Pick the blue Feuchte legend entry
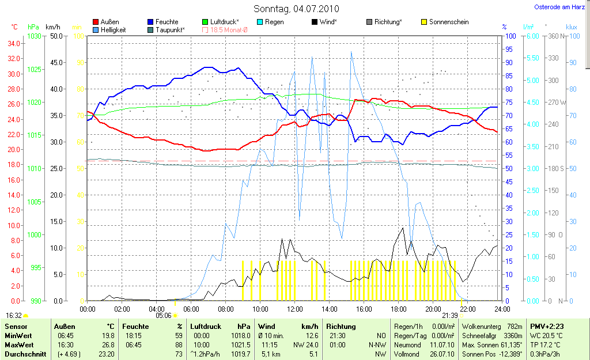167,22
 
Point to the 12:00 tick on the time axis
295,309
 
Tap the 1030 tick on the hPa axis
35,36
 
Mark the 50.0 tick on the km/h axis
56,36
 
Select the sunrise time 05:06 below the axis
164,316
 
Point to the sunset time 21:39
449,316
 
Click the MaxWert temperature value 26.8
108,345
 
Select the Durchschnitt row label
25,354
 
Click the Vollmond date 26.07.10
443,354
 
